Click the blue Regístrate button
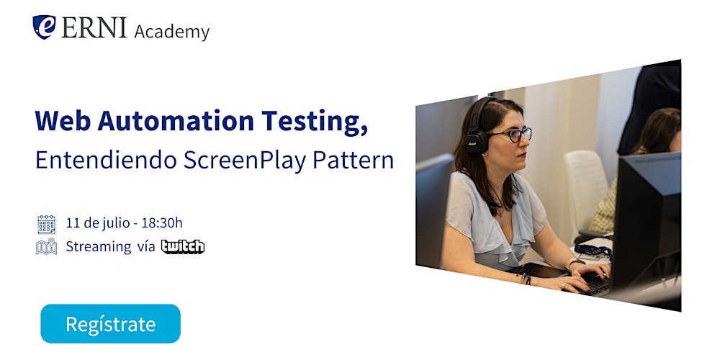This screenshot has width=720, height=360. tap(110, 324)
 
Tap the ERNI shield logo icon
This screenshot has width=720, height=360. tap(44, 27)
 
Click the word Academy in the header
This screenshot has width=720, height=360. tap(172, 32)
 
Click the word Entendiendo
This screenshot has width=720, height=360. tap(106, 160)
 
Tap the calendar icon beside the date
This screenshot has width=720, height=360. tap(46, 224)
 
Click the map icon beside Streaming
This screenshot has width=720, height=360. tap(46, 247)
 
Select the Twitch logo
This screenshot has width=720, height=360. tap(183, 247)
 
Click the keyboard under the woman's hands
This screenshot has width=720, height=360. tap(594, 284)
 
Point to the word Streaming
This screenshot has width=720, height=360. tap(98, 246)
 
